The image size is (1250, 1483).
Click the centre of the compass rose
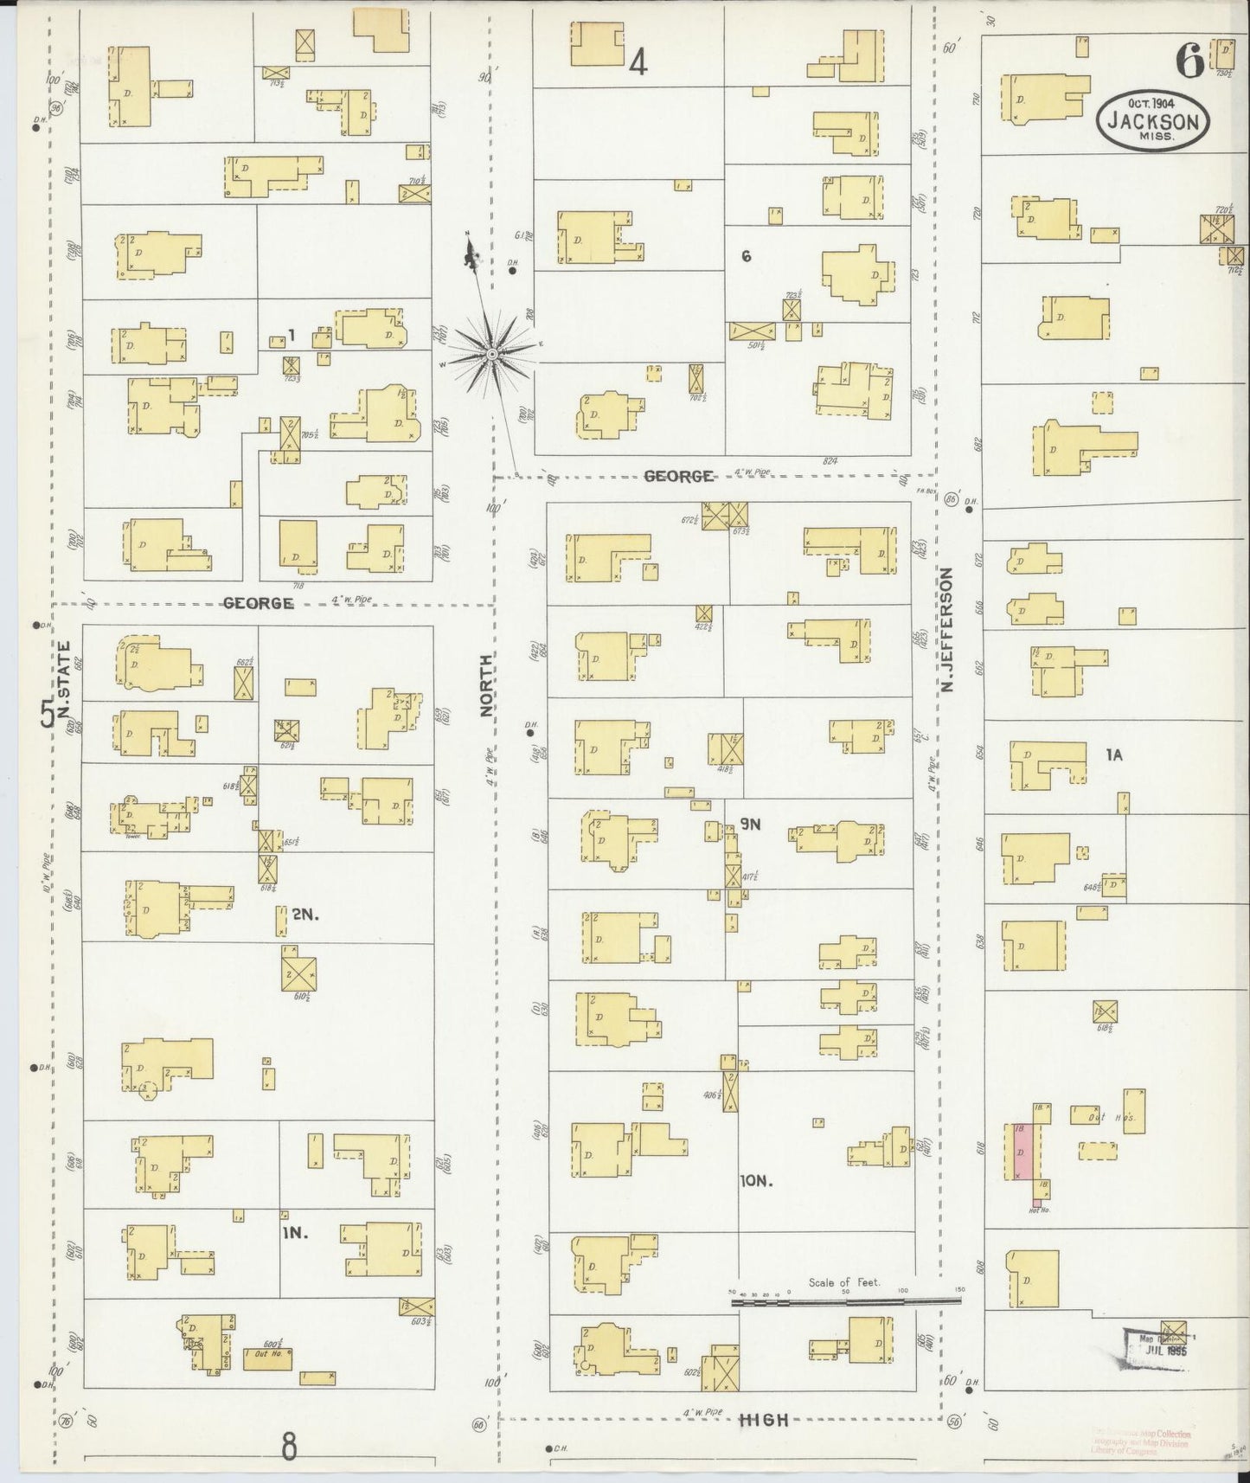[x=491, y=354]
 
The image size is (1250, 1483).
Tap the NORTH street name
[x=487, y=684]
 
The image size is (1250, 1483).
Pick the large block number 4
[x=638, y=62]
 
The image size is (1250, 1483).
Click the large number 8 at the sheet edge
[x=289, y=1445]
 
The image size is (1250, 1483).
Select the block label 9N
[x=749, y=825]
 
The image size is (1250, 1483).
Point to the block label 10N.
[x=755, y=1181]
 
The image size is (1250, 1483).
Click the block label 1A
[x=1113, y=755]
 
